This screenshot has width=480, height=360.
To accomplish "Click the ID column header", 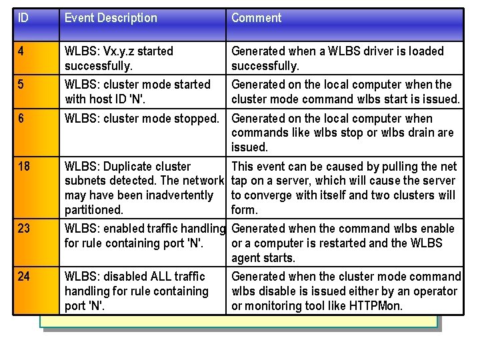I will tap(23, 18).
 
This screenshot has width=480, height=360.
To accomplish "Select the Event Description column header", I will tap(111, 18).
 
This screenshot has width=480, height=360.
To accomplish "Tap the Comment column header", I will tap(257, 18).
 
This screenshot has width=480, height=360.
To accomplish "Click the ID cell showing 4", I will tap(22, 51).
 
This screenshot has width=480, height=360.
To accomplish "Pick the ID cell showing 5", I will tap(22, 85).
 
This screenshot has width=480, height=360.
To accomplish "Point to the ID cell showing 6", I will tap(22, 119).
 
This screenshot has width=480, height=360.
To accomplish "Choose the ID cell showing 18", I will tap(25, 167).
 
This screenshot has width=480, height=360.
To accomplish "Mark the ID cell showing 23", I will tap(25, 229).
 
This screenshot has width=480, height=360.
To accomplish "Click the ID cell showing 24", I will tap(25, 277).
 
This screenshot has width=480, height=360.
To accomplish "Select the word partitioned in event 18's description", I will tap(94, 209).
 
